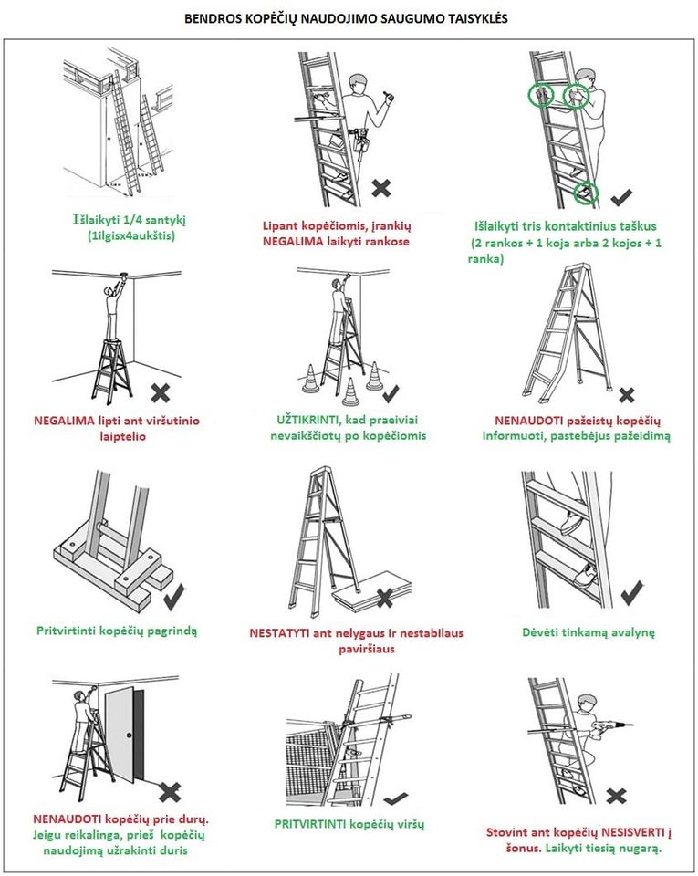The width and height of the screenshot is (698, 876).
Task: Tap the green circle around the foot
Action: tap(585, 193)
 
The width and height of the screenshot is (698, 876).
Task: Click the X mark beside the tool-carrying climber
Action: tap(381, 189)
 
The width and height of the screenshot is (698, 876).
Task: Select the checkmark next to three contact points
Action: tap(621, 195)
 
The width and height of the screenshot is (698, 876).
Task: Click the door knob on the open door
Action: tap(130, 736)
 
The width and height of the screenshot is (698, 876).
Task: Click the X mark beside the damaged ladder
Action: tap(626, 395)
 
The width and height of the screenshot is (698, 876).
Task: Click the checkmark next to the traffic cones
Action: tap(391, 394)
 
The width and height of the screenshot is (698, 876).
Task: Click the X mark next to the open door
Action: tap(170, 790)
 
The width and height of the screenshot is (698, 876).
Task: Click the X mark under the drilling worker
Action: tap(617, 796)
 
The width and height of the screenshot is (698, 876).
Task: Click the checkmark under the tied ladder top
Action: tap(396, 798)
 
